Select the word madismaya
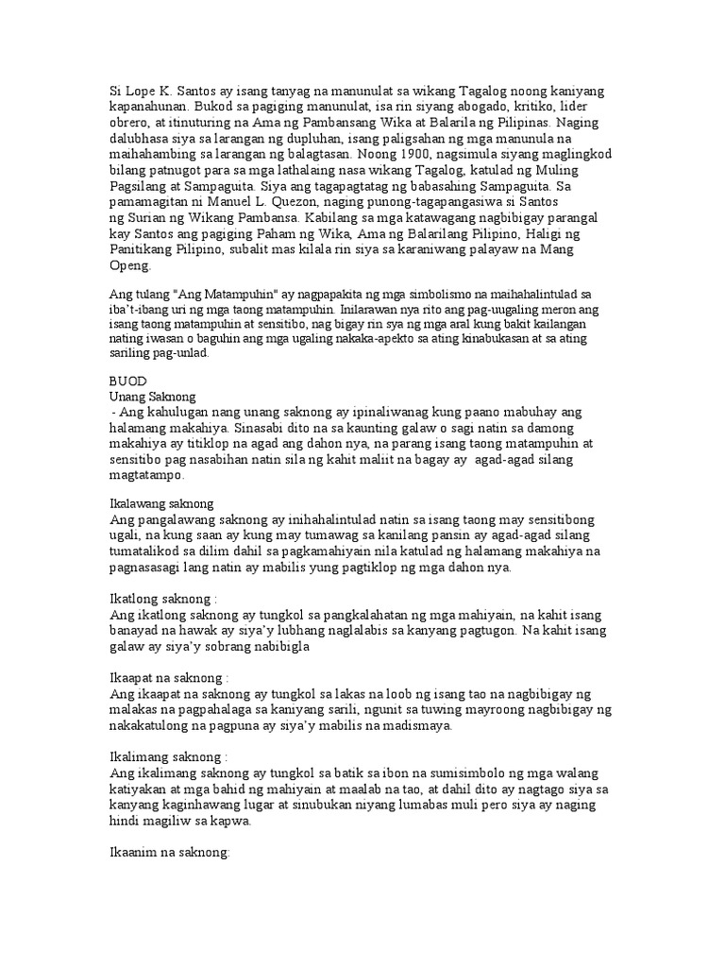point(400,727)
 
